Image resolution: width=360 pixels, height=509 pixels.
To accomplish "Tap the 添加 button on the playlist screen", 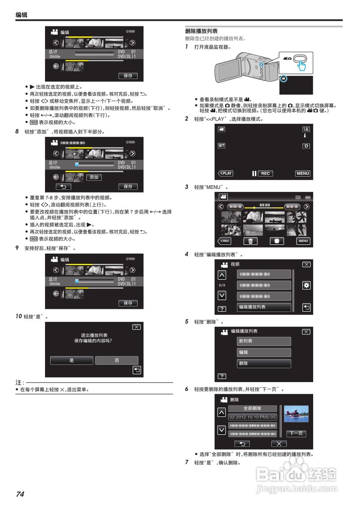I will click(x=94, y=177).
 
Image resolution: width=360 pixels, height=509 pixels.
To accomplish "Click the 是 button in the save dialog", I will click(x=72, y=360).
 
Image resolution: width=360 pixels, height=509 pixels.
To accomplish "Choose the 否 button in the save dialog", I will click(x=117, y=360).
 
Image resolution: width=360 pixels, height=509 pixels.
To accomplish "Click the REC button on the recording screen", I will click(x=265, y=173).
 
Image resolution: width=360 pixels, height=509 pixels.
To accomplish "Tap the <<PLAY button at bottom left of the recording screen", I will click(x=226, y=173).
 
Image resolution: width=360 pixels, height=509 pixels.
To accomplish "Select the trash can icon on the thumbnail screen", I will click(x=251, y=241).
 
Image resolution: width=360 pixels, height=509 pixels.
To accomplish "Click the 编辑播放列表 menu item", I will click(x=264, y=307).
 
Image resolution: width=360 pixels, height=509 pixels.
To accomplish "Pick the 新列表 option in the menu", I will click(x=264, y=341).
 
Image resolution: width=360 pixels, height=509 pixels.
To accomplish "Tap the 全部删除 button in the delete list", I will click(x=252, y=408).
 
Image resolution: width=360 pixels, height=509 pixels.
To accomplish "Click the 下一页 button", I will click(x=296, y=433).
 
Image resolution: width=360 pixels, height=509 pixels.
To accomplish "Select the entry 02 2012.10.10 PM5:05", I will click(x=252, y=417).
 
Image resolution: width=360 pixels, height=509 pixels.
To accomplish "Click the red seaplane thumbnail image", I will click(x=296, y=414).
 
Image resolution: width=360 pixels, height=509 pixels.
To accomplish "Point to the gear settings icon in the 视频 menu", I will click(x=306, y=286).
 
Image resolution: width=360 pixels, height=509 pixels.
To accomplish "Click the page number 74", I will click(x=20, y=494).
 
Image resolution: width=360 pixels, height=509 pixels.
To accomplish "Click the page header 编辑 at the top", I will click(x=21, y=15).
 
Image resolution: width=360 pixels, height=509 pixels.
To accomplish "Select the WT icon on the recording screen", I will click(x=222, y=146).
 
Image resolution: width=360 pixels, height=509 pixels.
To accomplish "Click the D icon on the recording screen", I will click(x=306, y=146).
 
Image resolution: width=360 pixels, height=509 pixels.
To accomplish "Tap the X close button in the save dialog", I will click(x=136, y=327).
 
